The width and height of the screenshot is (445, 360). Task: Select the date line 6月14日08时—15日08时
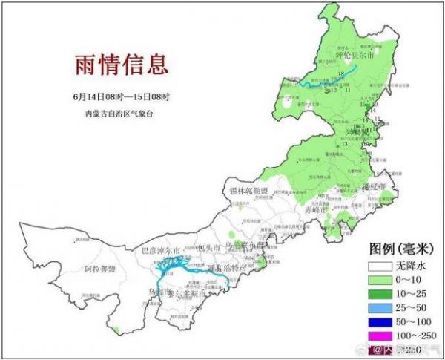(x=122, y=97)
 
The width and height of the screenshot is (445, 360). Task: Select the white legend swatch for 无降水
(x=383, y=265)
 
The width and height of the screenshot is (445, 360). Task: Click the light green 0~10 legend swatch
(x=383, y=279)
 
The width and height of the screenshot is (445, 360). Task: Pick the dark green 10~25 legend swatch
(x=383, y=293)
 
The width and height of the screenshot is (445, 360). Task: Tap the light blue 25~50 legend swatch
(x=383, y=307)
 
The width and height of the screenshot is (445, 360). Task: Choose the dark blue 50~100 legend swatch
(x=383, y=321)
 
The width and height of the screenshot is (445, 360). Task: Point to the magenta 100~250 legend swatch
(x=383, y=336)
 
